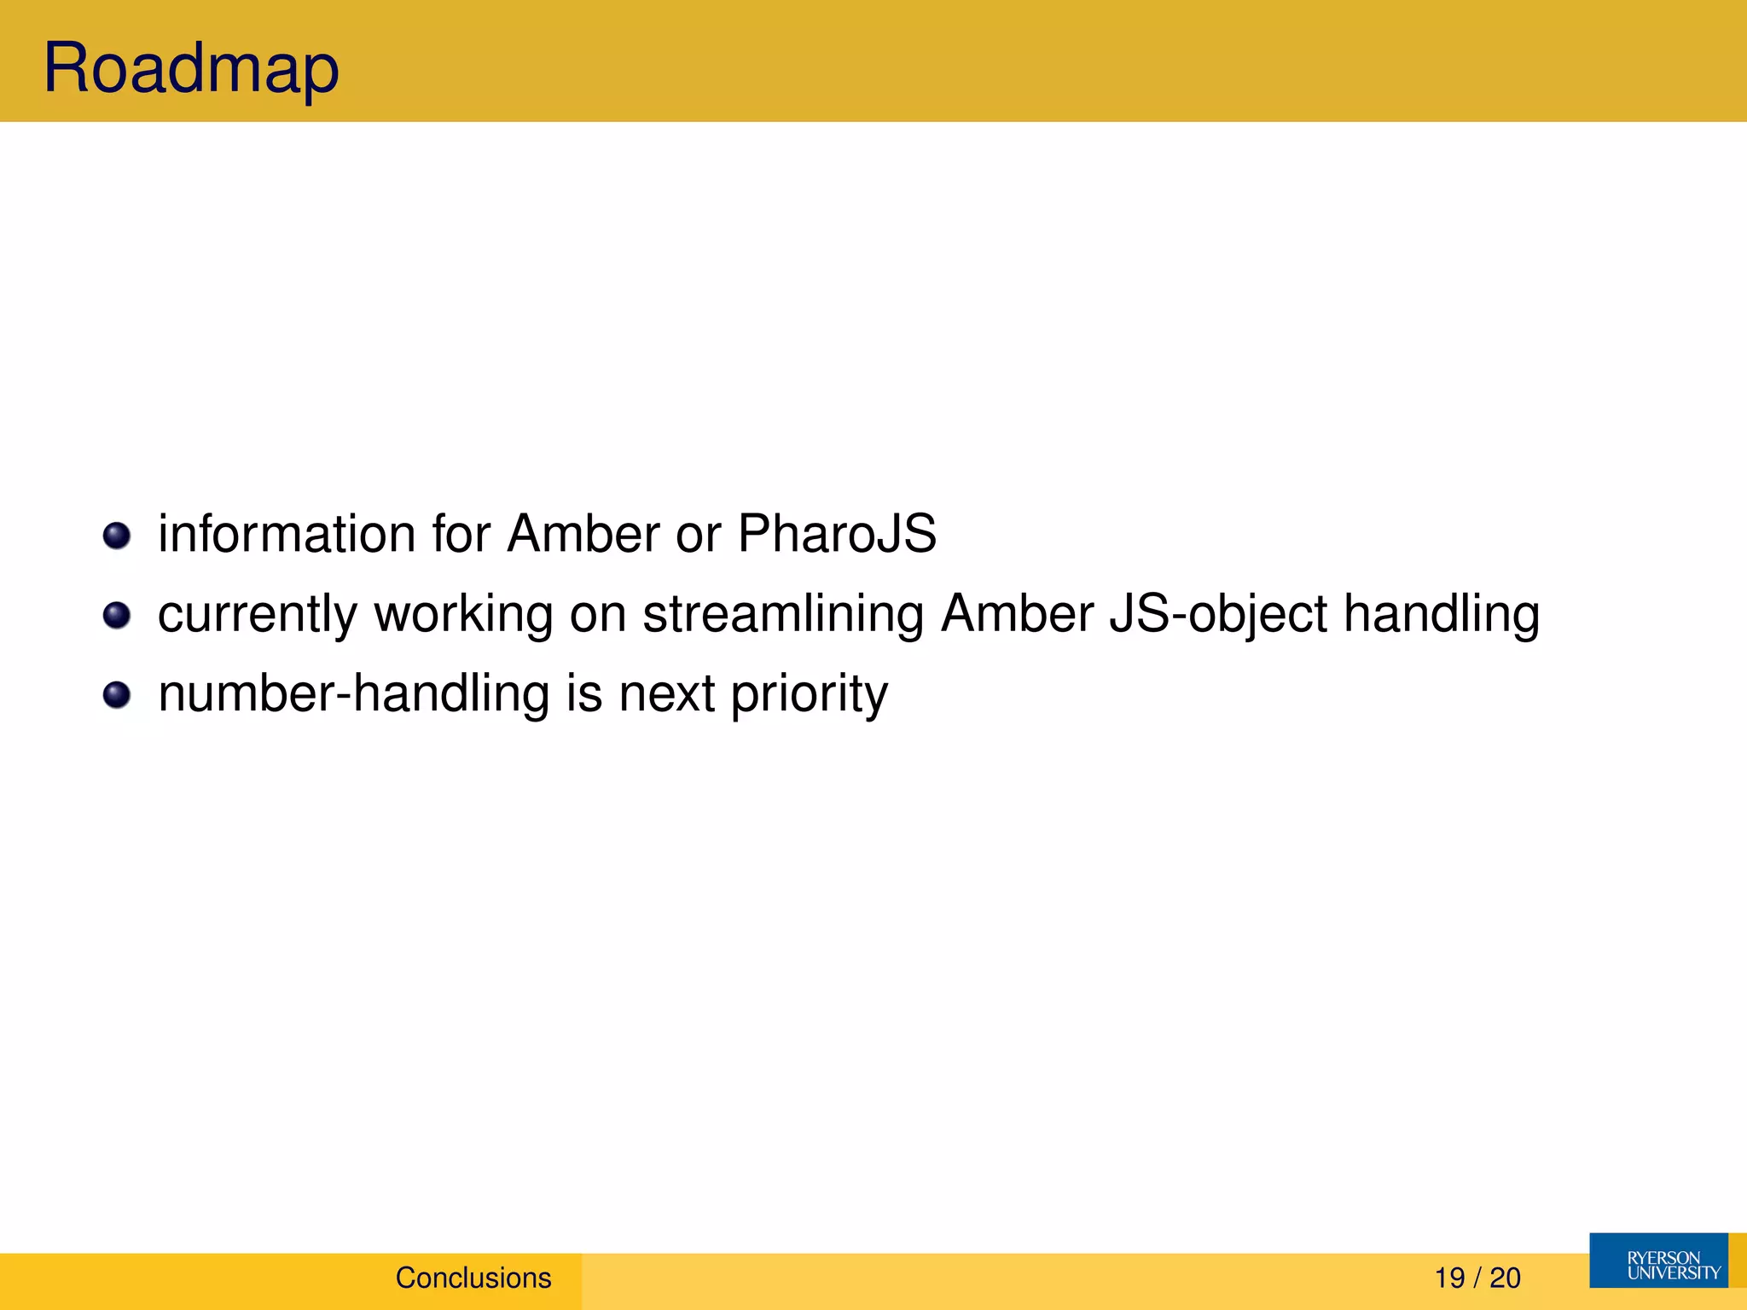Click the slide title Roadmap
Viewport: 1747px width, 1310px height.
[191, 68]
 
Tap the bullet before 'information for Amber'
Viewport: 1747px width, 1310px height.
[117, 536]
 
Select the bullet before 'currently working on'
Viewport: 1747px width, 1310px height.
[117, 615]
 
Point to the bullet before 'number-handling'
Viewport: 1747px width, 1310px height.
[117, 695]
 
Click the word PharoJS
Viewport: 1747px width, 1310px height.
[836, 534]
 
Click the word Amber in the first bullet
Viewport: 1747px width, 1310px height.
[583, 534]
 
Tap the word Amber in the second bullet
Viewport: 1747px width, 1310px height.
[1017, 614]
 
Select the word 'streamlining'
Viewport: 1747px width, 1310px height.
[782, 614]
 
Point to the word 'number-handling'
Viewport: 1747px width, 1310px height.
[354, 693]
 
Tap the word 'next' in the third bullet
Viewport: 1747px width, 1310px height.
[666, 694]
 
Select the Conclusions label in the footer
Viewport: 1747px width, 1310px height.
[473, 1278]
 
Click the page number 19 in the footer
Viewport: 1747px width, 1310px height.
[1449, 1278]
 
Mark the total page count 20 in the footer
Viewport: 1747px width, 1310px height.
[1505, 1278]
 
